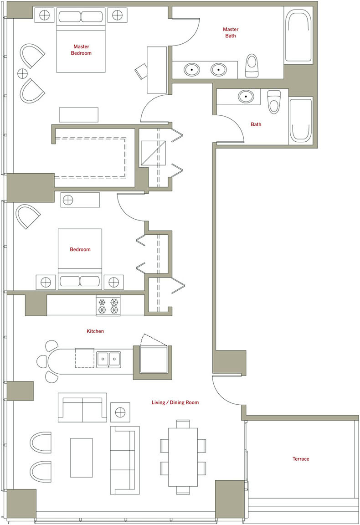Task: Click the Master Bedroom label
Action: click(x=81, y=50)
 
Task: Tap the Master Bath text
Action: click(x=231, y=32)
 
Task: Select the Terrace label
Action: click(x=301, y=459)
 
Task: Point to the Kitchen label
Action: click(x=95, y=331)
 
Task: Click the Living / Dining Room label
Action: click(x=175, y=402)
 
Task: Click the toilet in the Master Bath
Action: click(x=252, y=66)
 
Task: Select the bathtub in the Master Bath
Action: click(x=298, y=36)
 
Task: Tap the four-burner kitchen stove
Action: click(x=108, y=305)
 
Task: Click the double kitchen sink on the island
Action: click(x=108, y=359)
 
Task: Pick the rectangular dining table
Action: click(x=183, y=457)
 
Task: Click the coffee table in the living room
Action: click(x=82, y=458)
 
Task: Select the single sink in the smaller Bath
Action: click(x=246, y=97)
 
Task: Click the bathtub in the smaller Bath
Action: click(x=301, y=120)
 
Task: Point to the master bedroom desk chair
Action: click(x=141, y=71)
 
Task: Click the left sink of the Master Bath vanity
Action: click(x=192, y=70)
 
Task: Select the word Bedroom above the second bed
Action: click(x=80, y=249)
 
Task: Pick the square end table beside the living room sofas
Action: click(x=120, y=412)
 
